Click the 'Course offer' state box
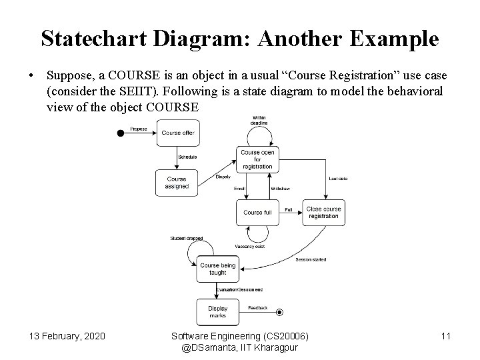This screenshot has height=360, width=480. point(178,133)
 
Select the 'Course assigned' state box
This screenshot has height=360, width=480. point(177,183)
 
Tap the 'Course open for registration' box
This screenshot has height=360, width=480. point(257,159)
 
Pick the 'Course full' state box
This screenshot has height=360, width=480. point(257,213)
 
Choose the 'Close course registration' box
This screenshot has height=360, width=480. point(323,213)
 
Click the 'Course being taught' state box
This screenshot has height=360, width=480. point(218,269)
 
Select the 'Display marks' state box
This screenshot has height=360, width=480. point(218,312)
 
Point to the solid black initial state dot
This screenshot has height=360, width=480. point(121,133)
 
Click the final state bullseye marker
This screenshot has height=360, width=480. point(280,312)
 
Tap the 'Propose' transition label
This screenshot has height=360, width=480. point(139,129)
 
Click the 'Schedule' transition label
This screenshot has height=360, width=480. point(187,157)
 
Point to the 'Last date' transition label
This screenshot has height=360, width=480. point(339,179)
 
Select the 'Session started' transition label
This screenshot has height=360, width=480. point(311,259)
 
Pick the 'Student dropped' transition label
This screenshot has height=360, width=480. point(186,238)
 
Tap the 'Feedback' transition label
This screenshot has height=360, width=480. point(258,308)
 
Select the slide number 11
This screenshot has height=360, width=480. point(446,336)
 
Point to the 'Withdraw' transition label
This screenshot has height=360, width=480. point(280,189)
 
